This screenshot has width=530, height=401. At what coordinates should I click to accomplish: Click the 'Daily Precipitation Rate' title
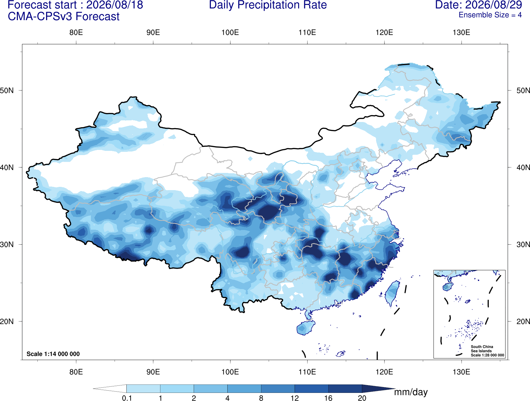268,5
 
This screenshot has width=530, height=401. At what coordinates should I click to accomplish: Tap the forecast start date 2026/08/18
115,5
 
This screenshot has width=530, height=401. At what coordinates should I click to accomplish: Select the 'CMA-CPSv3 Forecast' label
64,17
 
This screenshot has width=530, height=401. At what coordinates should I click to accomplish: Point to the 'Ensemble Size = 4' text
490,15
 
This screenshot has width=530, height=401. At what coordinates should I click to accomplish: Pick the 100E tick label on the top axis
230,32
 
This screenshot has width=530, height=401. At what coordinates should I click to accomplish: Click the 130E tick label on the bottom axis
461,372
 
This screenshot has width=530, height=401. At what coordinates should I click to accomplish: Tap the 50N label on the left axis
7,91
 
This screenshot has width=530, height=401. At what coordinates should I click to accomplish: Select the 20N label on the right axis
523,322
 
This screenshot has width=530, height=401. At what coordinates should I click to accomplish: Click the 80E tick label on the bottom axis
76,372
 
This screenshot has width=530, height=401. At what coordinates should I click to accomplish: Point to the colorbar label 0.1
127,398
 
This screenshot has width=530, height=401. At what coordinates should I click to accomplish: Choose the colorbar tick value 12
295,398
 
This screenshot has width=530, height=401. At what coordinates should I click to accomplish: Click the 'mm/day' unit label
411,392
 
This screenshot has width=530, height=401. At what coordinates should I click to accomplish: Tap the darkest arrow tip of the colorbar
395,388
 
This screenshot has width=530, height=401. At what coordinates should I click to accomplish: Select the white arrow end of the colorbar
94,388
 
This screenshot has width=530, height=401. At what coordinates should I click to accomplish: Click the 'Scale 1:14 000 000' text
53,354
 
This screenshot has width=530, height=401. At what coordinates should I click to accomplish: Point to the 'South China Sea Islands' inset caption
482,349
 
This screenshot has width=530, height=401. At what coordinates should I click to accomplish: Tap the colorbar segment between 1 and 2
177,388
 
